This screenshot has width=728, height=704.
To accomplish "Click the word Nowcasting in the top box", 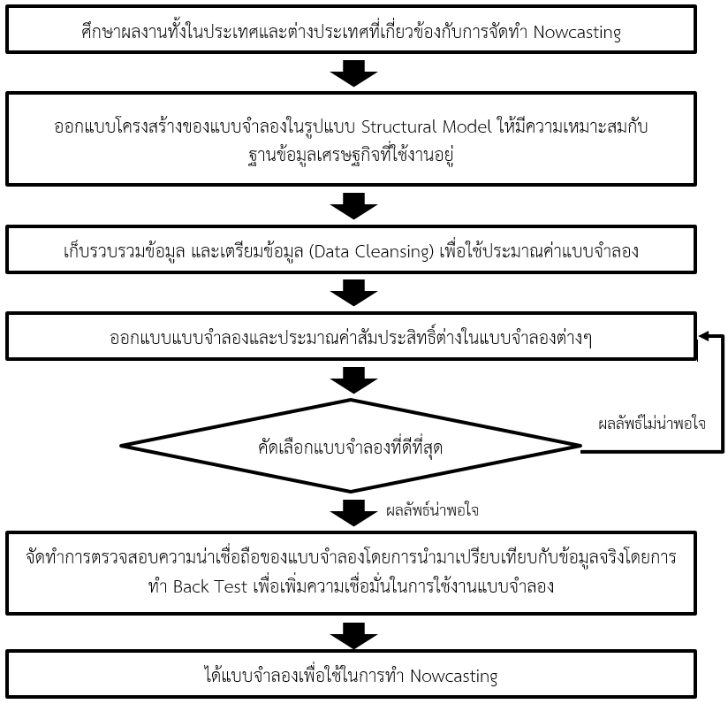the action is [577, 33].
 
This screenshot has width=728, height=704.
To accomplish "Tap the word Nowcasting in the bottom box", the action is [453, 676].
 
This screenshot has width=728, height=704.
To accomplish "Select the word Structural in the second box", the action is [398, 126].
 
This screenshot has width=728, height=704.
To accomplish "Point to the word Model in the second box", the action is [466, 126].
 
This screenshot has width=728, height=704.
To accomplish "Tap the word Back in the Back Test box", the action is [191, 586].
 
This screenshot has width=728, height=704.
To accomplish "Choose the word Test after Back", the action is [231, 586].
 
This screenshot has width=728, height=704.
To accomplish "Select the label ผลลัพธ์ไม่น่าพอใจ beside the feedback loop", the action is [652, 424].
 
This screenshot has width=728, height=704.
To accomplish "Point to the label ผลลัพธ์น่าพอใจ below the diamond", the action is [432, 510].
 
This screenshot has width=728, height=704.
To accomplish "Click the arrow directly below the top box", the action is [353, 73].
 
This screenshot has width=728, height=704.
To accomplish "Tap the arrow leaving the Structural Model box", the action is [353, 206].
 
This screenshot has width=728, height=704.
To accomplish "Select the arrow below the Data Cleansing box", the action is [353, 293].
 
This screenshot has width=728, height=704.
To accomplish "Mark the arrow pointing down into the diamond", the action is [353, 380].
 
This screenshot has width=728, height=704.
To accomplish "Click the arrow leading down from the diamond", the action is [353, 513].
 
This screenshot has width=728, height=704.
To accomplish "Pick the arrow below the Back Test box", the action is [353, 636].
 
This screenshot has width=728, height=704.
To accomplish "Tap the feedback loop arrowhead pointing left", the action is [703, 335].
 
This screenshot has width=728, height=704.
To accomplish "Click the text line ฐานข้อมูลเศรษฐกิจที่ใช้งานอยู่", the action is [351, 156].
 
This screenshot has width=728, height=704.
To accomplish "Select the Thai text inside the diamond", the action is [351, 448].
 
